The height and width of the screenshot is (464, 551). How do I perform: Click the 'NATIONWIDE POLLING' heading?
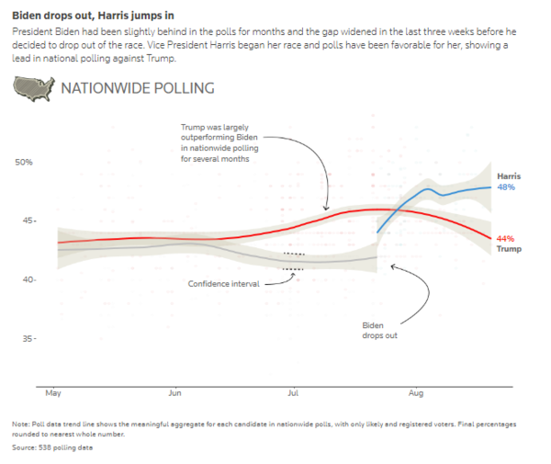tap(137, 89)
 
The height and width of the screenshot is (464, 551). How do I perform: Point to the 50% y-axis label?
tap(23, 163)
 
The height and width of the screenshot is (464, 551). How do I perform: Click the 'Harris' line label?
tap(510, 175)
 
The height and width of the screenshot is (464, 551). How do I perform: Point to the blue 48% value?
tap(506, 187)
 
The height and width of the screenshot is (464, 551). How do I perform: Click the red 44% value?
tap(505, 238)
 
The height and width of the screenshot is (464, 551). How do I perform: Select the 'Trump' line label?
tap(509, 249)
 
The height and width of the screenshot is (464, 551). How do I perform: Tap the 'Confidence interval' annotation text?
tap(223, 283)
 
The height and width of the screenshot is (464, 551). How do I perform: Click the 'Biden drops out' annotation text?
tap(373, 332)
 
